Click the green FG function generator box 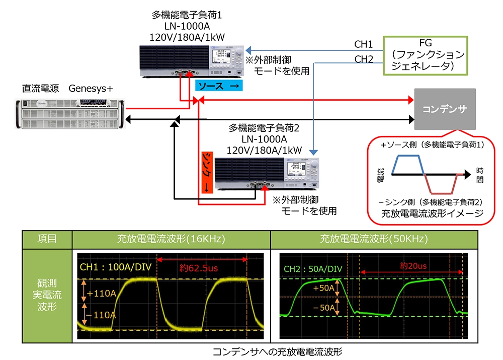point(425,55)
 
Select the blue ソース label point(219,86)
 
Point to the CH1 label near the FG point(364,44)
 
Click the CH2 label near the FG point(364,59)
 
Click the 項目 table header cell point(47,239)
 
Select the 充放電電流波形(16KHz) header point(171,239)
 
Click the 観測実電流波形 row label point(47,294)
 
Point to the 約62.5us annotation point(200,269)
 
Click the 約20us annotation point(413,265)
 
